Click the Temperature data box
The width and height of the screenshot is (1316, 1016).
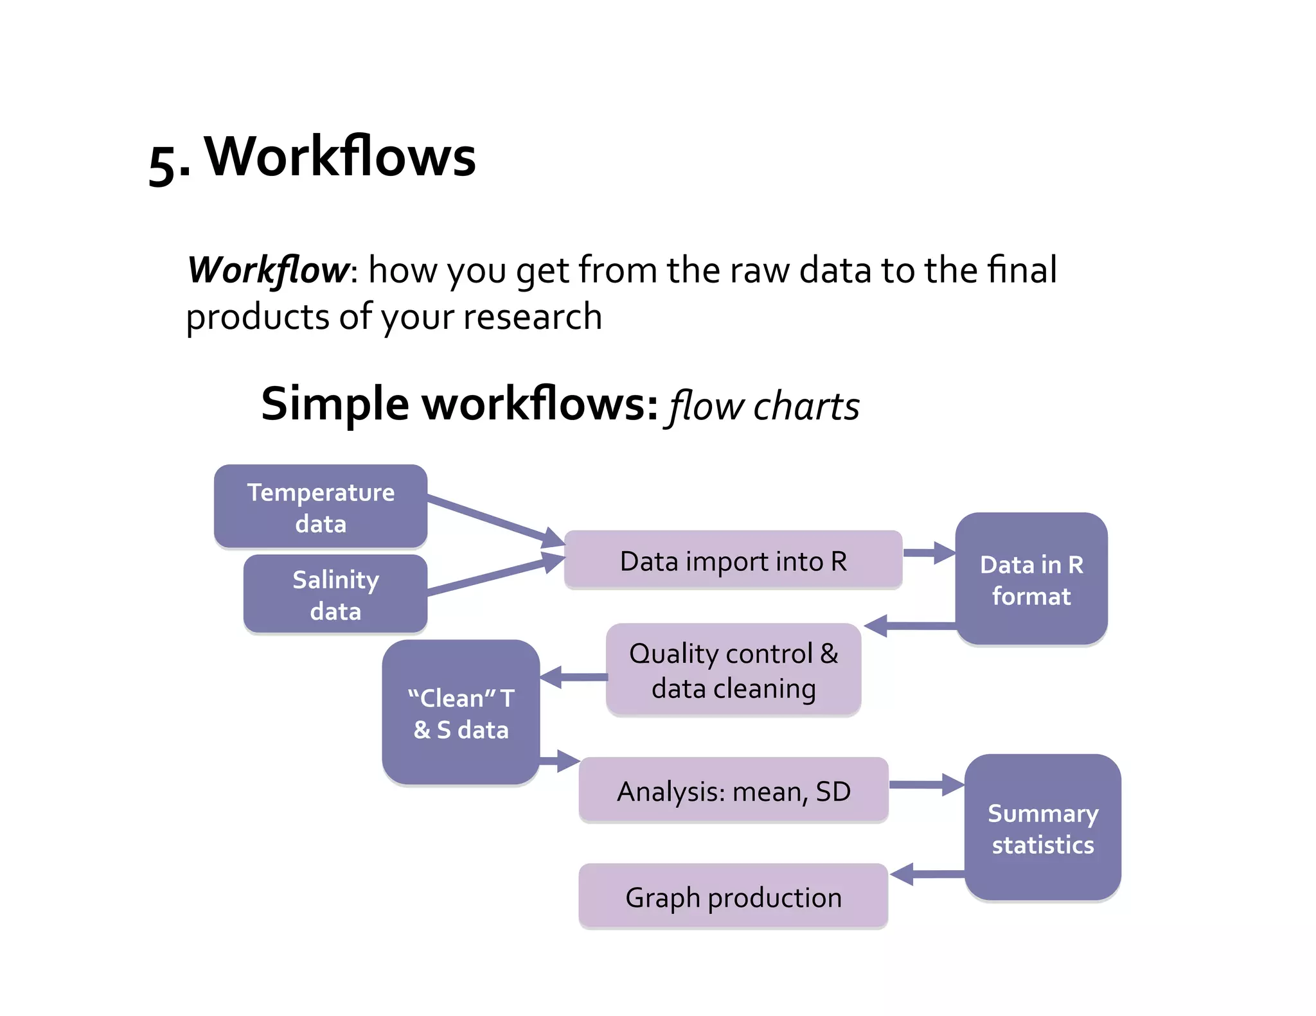click(x=320, y=507)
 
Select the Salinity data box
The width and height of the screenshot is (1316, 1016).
click(x=335, y=594)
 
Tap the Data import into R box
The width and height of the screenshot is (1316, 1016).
click(x=733, y=560)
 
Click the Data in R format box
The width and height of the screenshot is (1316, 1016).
click(x=1031, y=579)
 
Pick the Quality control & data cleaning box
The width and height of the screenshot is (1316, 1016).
click(x=733, y=670)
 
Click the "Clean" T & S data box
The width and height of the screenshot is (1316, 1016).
click(x=460, y=713)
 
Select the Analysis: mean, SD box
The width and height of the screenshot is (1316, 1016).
click(x=733, y=791)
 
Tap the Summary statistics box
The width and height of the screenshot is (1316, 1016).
click(x=1042, y=828)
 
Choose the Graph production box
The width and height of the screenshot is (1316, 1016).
click(x=733, y=897)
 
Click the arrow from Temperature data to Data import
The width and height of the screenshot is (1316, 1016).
click(x=495, y=520)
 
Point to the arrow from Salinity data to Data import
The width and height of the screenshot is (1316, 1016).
click(x=495, y=575)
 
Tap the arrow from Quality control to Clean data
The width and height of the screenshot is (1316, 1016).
click(x=573, y=677)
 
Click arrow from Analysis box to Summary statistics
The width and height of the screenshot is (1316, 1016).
click(x=925, y=784)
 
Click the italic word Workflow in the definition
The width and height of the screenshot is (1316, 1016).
click(x=268, y=270)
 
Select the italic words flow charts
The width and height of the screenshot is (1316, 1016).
click(x=763, y=407)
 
